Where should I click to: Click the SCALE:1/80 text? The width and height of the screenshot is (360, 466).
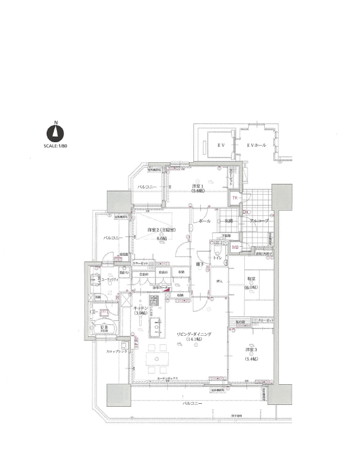pyautogui.click(x=55, y=146)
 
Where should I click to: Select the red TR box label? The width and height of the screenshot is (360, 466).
pyautogui.click(x=234, y=198)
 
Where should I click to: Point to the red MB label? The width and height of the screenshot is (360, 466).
pyautogui.click(x=235, y=247)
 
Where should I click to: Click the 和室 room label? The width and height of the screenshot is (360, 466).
pyautogui.click(x=251, y=279)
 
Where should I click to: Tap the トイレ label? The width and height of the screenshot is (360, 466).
pyautogui.click(x=217, y=258)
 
